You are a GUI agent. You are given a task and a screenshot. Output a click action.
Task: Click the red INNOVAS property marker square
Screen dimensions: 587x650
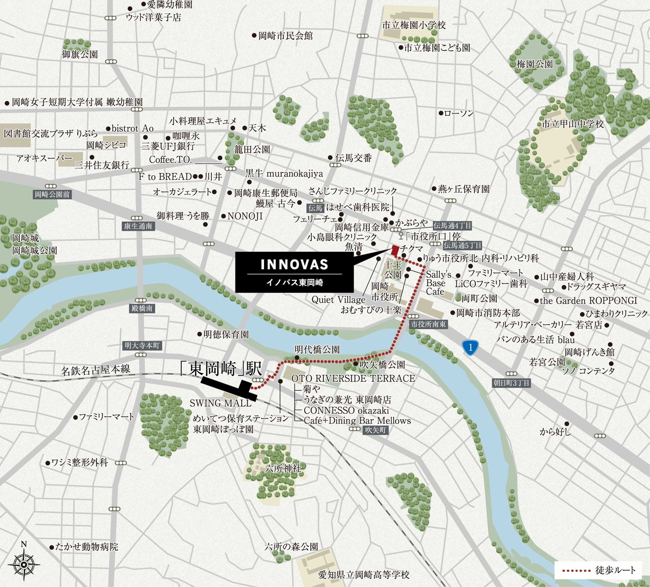click(x=395, y=250)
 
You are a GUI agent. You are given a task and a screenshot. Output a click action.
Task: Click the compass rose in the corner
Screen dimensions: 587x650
click(x=24, y=563)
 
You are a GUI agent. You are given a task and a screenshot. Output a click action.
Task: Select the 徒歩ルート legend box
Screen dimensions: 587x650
click(x=598, y=570)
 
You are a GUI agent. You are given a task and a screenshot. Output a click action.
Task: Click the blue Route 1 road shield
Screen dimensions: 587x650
click(x=471, y=347)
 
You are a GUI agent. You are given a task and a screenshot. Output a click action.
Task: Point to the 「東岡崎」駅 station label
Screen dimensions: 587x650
click(x=221, y=368)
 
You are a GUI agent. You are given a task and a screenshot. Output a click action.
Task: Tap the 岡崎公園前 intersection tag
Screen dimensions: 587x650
click(x=52, y=194)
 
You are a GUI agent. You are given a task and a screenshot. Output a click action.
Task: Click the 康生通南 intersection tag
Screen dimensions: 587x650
click(x=138, y=226)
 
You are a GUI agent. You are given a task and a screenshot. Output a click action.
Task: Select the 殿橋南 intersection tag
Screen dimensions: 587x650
click(x=142, y=308)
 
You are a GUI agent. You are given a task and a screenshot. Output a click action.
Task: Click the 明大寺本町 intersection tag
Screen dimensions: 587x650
click(x=143, y=346)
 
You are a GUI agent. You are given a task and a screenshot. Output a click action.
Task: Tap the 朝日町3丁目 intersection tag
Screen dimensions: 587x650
click(x=511, y=383)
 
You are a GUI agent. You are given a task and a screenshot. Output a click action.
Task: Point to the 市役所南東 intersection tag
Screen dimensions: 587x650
click(x=428, y=324)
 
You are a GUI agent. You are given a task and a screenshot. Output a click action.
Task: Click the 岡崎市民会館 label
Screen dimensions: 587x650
click(x=285, y=36)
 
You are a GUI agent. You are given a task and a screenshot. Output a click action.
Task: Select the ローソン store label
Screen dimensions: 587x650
click(x=459, y=113)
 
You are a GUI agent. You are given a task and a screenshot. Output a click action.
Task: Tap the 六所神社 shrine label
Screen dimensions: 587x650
click(x=283, y=468)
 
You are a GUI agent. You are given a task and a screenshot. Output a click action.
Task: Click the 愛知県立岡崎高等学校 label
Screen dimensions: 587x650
click(x=364, y=575)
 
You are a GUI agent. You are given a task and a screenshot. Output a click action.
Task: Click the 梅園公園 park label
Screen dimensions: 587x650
click(x=534, y=64)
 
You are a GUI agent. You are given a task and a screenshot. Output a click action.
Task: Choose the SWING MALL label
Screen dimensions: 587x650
click(x=220, y=403)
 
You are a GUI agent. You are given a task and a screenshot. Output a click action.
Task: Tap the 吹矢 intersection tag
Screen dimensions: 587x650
click(x=376, y=430)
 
